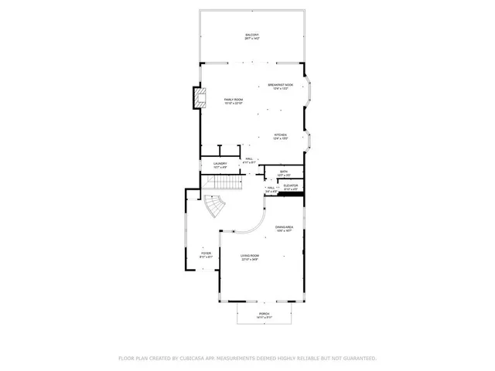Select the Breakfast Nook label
tap(280, 86)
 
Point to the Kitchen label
tap(280, 136)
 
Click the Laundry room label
tap(220, 165)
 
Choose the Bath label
tap(284, 173)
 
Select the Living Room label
tap(249, 257)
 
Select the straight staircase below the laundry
tap(227, 185)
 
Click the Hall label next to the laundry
tap(250, 161)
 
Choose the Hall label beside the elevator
tap(271, 189)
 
